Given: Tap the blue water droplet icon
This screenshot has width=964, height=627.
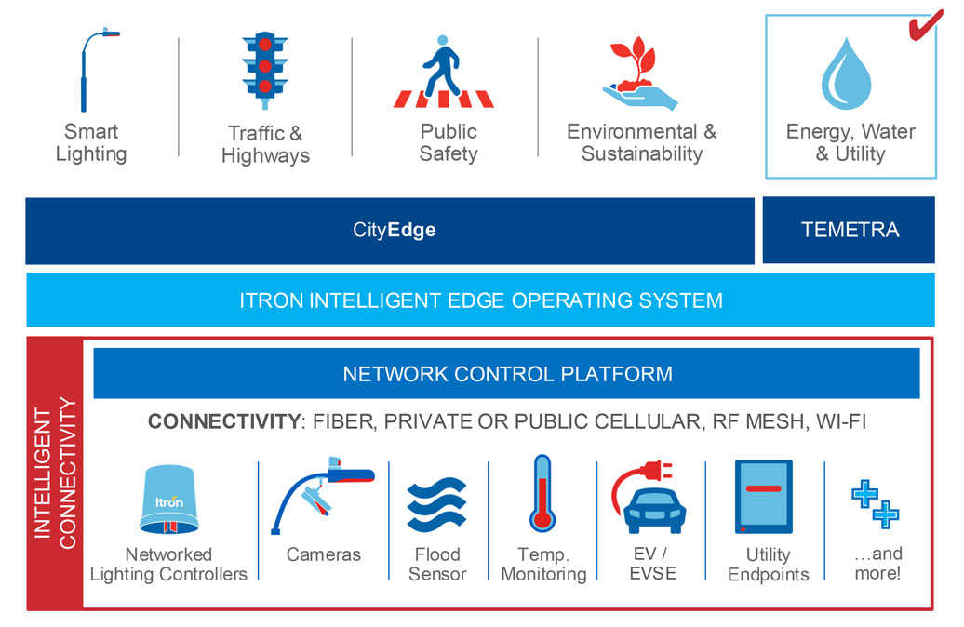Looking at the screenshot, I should click(x=846, y=73).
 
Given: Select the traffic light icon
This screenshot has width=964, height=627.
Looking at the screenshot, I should click(x=264, y=70).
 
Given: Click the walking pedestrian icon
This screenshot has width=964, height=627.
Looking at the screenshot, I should click(x=440, y=72).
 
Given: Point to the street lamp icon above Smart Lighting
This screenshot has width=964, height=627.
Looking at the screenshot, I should click(x=93, y=69).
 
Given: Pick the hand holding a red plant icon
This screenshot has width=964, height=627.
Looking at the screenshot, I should click(x=640, y=73).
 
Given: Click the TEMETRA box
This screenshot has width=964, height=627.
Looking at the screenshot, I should click(x=850, y=230).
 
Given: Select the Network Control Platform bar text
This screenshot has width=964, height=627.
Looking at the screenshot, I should click(x=507, y=374).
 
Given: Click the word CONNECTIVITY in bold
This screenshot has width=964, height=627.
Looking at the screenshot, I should click(x=221, y=421).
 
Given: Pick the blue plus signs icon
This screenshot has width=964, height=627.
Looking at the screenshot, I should click(x=876, y=503).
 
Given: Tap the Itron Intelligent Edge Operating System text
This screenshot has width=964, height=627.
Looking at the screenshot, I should click(x=480, y=300).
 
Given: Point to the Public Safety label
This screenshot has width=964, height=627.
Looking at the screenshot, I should click(x=448, y=142).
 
